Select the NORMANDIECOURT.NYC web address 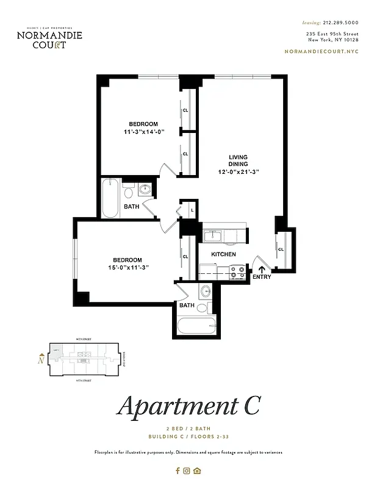tap(321, 51)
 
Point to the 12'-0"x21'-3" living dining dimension tap(238, 172)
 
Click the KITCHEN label tap(224, 254)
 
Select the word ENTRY tap(262, 278)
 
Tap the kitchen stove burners tap(237, 271)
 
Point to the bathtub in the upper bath tap(110, 198)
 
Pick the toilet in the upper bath tap(129, 192)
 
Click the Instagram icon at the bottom tap(187, 470)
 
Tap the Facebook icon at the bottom tap(178, 470)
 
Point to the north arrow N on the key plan tap(40, 359)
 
